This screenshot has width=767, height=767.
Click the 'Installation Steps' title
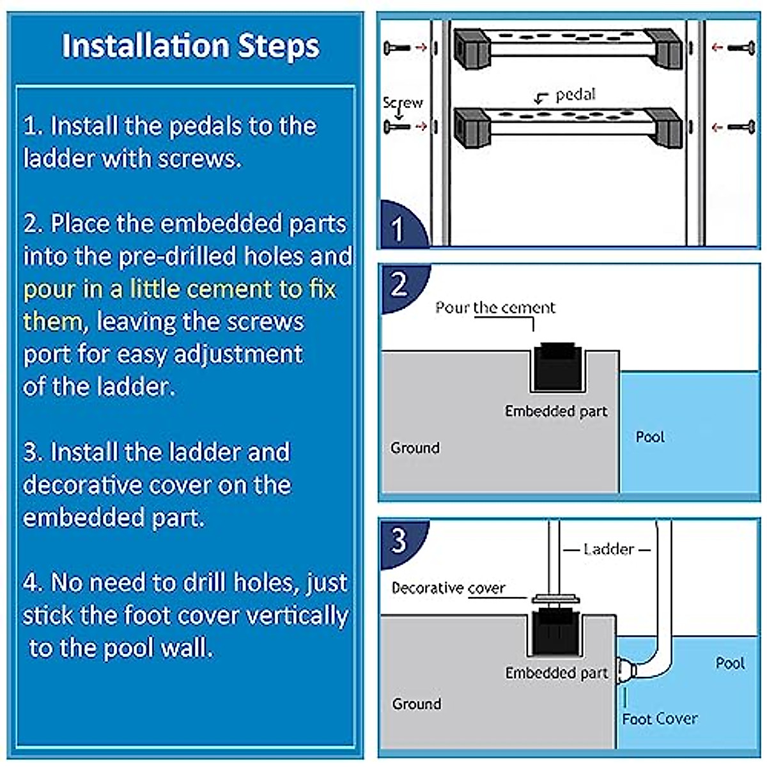[190, 46]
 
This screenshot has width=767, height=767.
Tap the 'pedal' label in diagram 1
[575, 95]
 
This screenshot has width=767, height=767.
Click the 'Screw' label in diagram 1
[402, 102]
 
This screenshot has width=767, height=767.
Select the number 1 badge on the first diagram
[398, 228]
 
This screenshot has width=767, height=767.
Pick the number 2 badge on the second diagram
[399, 284]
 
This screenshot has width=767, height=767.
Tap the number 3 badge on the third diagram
[399, 540]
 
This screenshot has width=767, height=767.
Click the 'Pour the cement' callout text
[495, 307]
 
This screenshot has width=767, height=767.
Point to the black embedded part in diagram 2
[557, 368]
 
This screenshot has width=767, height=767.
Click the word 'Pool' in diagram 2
[650, 437]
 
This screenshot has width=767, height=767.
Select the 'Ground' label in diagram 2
[415, 447]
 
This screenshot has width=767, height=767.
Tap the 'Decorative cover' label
[448, 588]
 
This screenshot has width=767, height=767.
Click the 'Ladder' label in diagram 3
[608, 549]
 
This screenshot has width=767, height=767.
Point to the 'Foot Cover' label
[660, 719]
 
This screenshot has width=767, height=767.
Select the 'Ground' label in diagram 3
[416, 704]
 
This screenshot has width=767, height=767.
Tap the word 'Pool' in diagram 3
[730, 663]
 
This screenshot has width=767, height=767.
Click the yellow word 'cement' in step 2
[229, 289]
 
